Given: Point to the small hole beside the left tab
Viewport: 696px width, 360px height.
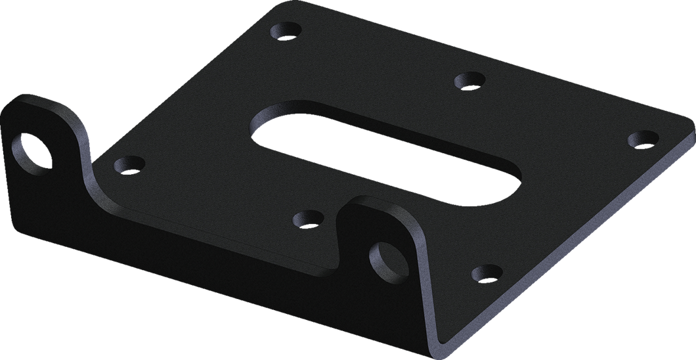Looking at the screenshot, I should [129, 163].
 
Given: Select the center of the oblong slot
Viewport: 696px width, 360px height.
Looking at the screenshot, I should [386, 150].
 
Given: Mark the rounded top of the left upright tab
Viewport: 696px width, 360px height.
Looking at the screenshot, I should [39, 99].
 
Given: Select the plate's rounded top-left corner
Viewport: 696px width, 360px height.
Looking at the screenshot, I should [263, 8].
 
